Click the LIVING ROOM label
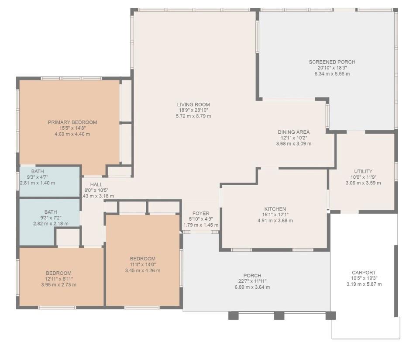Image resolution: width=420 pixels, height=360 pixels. pos(193,104)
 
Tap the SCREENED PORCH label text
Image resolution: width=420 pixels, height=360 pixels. pos(332,62)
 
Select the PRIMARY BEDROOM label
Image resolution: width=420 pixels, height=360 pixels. pos(72,122)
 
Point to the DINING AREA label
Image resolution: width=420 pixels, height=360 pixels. pos(293,132)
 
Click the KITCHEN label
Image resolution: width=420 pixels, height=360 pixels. pos(275,209)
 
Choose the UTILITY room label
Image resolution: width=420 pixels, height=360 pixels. pos(363,171)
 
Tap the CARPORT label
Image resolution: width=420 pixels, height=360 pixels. pos(364,273)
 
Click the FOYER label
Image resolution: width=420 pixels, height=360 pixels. pos(201,213)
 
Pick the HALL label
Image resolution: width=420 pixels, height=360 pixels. pos(96,184)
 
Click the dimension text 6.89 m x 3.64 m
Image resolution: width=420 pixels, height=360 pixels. pos(252,287)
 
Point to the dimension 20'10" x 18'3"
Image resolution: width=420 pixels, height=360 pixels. pos(332,68)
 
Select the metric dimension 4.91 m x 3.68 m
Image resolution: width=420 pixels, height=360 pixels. pos(275,221)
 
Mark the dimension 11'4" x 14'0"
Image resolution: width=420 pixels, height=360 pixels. pos(142,265)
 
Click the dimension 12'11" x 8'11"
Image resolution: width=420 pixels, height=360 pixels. pos(59,279)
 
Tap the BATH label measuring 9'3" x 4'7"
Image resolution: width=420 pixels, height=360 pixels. pos(38,171)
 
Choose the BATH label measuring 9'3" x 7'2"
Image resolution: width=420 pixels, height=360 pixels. pos(51,212)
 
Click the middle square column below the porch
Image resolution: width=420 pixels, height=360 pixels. pos(279,315)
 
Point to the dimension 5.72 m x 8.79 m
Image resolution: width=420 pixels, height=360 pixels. pos(193,116)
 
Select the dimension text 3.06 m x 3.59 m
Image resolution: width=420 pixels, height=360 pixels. pos(363,183)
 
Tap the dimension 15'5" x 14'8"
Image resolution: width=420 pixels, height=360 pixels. pos(72,128)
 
